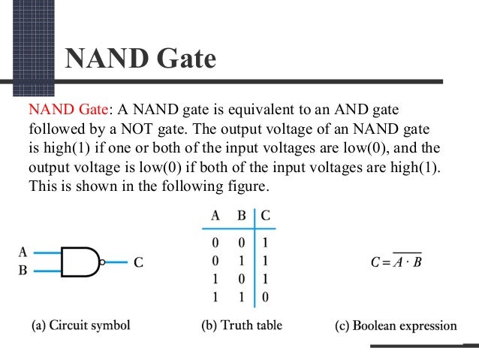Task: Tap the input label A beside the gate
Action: [x=23, y=253]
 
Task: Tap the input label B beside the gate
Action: [x=23, y=271]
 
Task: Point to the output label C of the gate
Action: [x=140, y=263]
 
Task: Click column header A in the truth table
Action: [x=215, y=216]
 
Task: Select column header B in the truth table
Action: [x=242, y=216]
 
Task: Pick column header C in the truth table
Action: [x=266, y=216]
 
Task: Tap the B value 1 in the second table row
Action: [x=242, y=260]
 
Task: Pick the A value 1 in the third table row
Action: [x=215, y=278]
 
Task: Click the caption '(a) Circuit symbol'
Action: [x=80, y=326]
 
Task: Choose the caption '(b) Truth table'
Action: [x=241, y=326]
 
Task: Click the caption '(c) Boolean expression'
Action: [x=396, y=326]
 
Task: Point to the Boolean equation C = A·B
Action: [x=406, y=263]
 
